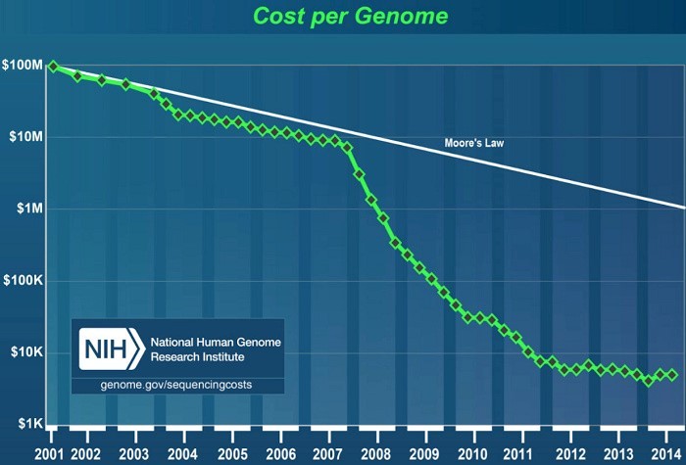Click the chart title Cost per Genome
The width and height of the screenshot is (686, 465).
coord(351,17)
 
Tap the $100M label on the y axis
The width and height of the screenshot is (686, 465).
coord(23,66)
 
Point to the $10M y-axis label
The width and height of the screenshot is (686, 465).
coord(26,137)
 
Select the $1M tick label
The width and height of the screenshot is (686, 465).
coord(29,209)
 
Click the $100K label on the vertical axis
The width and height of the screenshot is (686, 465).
coord(24,280)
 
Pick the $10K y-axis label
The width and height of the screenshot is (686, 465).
coord(26,351)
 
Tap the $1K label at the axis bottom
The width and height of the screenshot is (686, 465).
coord(30,423)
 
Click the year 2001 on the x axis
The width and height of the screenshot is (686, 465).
coord(49,454)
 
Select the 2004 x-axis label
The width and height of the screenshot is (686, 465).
coord(182,454)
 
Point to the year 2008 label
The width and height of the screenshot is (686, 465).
coord(375,454)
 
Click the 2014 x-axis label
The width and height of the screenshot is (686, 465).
coord(666,454)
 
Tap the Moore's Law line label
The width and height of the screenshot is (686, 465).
coord(473,143)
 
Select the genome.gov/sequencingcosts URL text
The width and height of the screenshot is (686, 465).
coord(175,385)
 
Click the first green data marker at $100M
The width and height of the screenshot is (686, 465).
coord(53,67)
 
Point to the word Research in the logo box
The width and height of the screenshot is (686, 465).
coord(172,356)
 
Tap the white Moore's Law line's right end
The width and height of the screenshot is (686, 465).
coord(685,208)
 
